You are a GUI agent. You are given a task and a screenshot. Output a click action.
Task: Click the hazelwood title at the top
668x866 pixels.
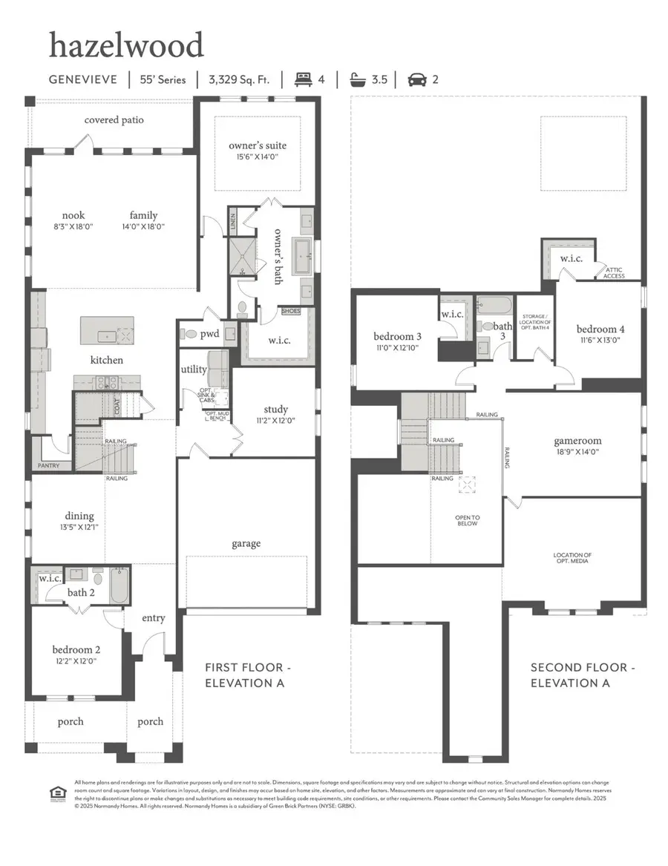pyautogui.click(x=126, y=45)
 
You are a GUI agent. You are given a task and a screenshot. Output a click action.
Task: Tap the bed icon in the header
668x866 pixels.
pyautogui.click(x=303, y=79)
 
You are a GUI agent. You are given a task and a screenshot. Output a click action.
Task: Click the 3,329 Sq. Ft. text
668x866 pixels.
pyautogui.click(x=242, y=79)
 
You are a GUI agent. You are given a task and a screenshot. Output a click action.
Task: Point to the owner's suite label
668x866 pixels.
pyautogui.click(x=257, y=145)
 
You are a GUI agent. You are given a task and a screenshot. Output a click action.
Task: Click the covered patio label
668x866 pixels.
pyautogui.click(x=114, y=119)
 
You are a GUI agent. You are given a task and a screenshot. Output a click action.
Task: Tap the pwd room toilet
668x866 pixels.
pyautogui.click(x=189, y=334)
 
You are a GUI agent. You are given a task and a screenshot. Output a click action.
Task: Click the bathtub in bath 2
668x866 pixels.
pyautogui.click(x=119, y=586)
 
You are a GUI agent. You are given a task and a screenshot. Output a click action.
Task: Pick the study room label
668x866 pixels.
pyautogui.click(x=275, y=409)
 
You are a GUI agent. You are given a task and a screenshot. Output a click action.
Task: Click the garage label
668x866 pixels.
pyautogui.click(x=246, y=543)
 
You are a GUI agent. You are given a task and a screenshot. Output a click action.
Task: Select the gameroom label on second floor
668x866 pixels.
pyautogui.click(x=576, y=440)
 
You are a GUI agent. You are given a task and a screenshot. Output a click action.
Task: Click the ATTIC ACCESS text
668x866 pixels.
pyautogui.click(x=614, y=272)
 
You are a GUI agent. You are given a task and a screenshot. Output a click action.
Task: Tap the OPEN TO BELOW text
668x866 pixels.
pyautogui.click(x=467, y=520)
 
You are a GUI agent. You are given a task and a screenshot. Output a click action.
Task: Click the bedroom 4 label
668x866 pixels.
pyautogui.click(x=600, y=329)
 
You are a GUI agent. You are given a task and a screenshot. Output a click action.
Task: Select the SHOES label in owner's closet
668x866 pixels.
pyautogui.click(x=290, y=312)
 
